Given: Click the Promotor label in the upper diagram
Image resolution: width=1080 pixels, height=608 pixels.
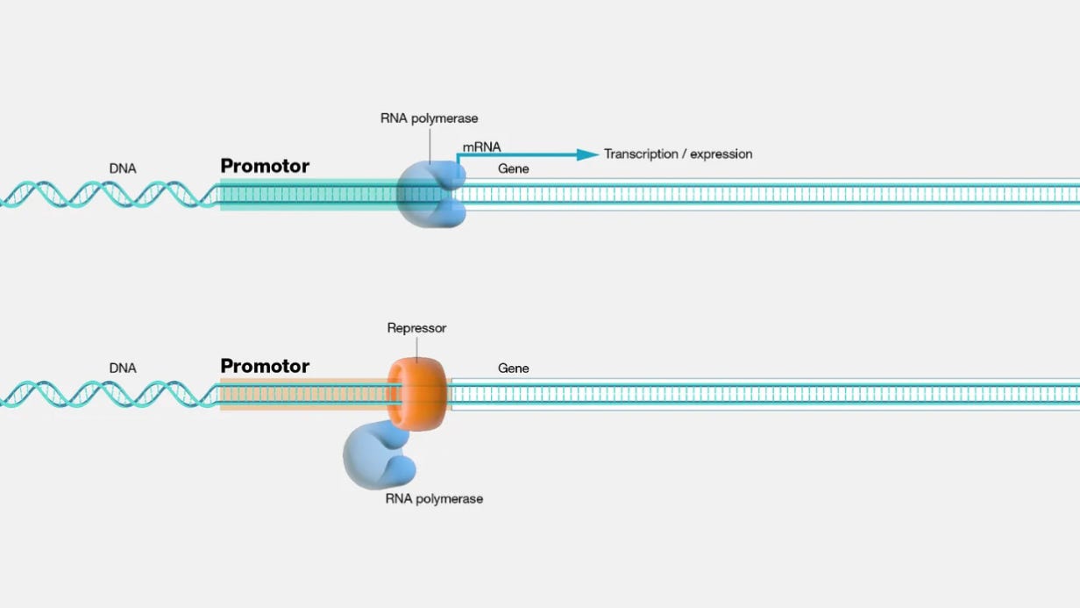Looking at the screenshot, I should [265, 166].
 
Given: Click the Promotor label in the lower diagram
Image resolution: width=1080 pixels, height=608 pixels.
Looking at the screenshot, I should [265, 366].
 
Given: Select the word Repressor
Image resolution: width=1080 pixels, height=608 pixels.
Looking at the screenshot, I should [416, 328].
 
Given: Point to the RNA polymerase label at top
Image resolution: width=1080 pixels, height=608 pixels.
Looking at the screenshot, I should [430, 118].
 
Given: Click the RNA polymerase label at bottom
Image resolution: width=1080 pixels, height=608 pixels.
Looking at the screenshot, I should [434, 499].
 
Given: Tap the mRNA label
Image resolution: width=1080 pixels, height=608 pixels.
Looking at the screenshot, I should [481, 147].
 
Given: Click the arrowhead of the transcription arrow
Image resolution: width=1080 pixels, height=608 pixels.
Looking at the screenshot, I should [587, 154].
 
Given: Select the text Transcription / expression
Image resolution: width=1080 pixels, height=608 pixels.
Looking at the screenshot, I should [678, 154].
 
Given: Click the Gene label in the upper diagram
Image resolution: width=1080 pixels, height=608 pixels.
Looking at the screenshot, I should [514, 168].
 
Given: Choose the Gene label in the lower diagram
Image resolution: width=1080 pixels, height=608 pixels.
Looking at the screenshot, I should [514, 368].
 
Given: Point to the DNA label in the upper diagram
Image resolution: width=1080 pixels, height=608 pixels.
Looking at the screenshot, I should [123, 168].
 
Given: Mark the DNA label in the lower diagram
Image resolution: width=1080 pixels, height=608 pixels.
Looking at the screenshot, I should [123, 368].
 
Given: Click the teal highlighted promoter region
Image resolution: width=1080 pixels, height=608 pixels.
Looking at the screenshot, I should [307, 195].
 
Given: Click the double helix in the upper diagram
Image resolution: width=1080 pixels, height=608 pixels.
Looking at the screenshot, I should [105, 195].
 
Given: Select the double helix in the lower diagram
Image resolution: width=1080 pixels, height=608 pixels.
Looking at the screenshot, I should [105, 395].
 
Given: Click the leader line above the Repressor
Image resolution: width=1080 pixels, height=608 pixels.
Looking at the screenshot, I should [417, 347].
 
